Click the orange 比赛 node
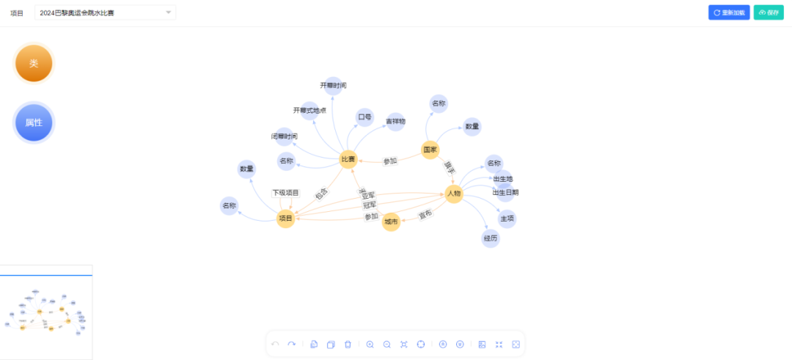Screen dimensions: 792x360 click(348, 159)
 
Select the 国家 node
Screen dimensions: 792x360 click(430, 150)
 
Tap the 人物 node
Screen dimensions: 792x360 click(454, 194)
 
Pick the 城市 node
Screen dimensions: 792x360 click(391, 221)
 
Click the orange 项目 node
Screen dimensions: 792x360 click(285, 218)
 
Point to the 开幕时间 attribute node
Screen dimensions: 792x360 click(333, 86)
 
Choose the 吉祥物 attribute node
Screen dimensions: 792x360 click(396, 122)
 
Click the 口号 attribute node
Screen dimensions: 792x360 click(364, 117)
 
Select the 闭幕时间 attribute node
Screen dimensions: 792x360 click(284, 136)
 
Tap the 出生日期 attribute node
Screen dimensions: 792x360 click(506, 193)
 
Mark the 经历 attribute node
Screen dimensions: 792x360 click(491, 238)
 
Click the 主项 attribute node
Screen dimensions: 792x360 click(507, 218)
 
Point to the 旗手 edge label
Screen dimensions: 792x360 click(449, 167)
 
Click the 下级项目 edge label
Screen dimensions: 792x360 click(286, 193)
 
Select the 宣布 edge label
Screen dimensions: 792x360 click(425, 215)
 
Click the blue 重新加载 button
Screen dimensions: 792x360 click(729, 12)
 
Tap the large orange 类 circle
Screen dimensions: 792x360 click(34, 64)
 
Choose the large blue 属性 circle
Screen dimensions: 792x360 click(34, 122)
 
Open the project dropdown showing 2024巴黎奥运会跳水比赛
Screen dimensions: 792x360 click(105, 12)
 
